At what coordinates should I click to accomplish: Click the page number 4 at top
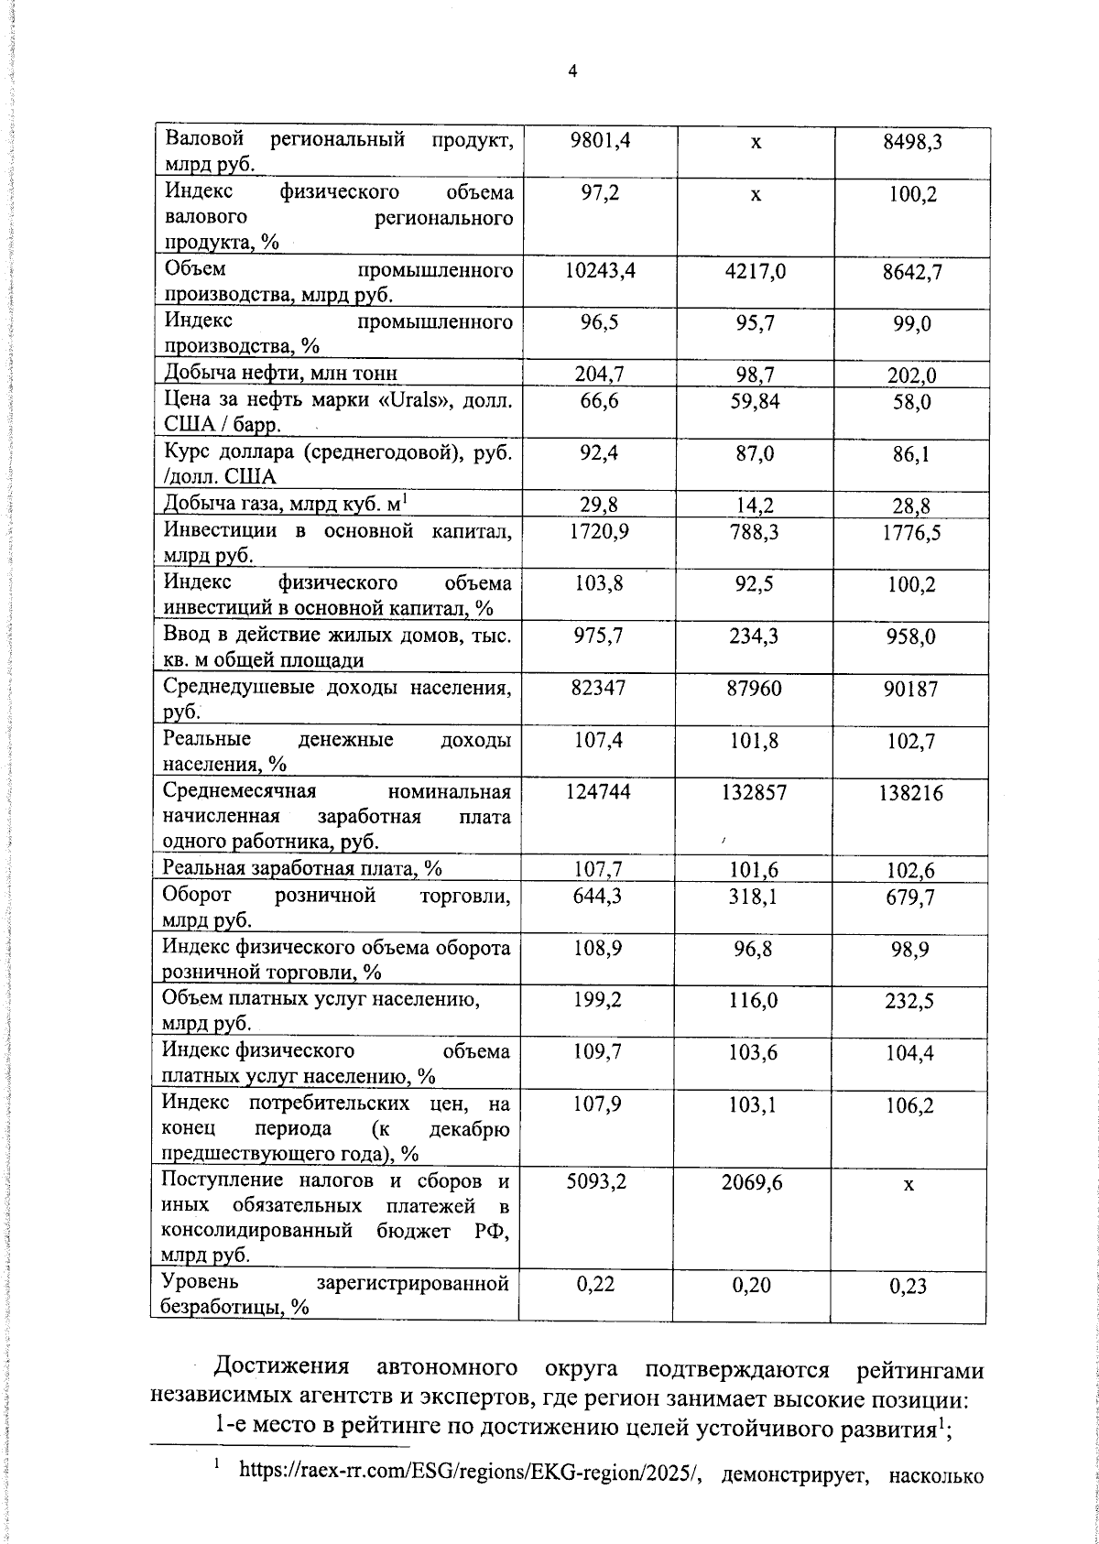coord(572,72)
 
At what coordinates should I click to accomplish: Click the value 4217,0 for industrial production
coord(755,272)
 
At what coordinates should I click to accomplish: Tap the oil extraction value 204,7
coord(600,374)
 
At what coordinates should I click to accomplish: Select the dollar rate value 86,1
coord(912,454)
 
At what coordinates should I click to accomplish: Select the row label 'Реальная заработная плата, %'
coord(302,868)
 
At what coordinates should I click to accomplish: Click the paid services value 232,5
coord(910,1002)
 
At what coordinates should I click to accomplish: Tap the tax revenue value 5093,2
coord(597,1182)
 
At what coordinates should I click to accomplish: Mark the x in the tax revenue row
coord(909,1184)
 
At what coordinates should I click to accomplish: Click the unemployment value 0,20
coord(753,1285)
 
